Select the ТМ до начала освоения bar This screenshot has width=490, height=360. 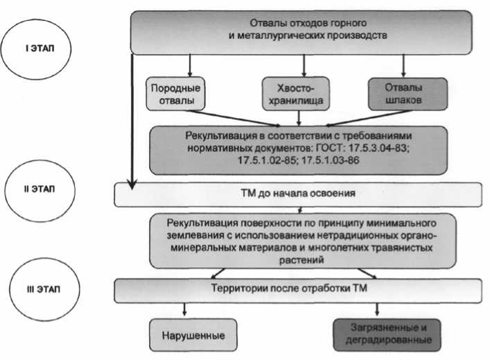(x=298, y=194)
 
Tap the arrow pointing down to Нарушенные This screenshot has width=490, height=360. (x=184, y=309)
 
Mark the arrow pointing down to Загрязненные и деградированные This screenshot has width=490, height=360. (x=378, y=309)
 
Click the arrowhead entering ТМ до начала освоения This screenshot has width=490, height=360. (x=131, y=184)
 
